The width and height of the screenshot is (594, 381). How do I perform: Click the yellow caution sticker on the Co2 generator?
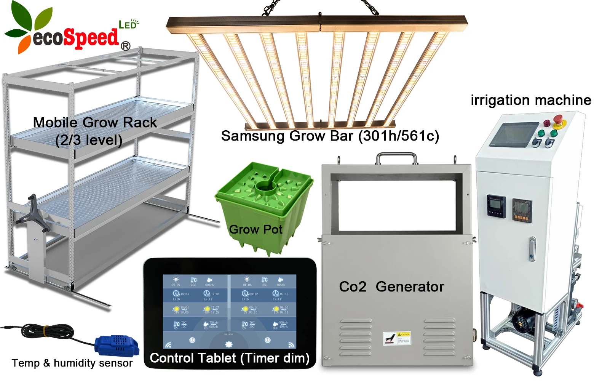(396, 338)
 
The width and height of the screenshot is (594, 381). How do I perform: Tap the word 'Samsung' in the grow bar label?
(252, 136)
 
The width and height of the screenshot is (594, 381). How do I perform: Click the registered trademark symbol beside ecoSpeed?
(125, 46)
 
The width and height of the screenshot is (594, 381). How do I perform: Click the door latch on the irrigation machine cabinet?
(532, 249)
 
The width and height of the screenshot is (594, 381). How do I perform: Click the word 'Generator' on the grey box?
(410, 287)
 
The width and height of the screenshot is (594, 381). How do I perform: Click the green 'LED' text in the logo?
(128, 25)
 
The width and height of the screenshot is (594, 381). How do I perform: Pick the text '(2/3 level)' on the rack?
(89, 140)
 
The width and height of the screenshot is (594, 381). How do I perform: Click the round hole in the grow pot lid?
(266, 186)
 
